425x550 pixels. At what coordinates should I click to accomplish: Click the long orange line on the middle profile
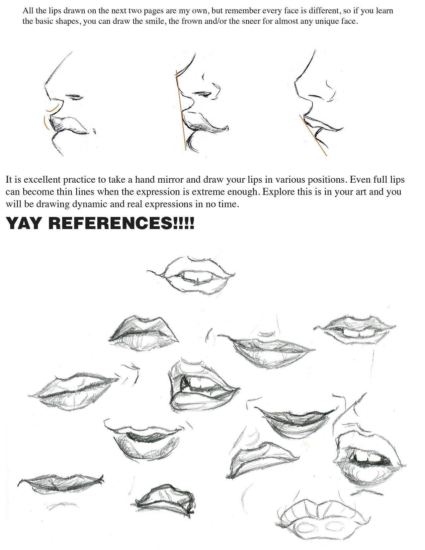coord(181,111)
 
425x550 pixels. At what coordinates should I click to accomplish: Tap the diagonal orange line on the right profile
coord(313,136)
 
